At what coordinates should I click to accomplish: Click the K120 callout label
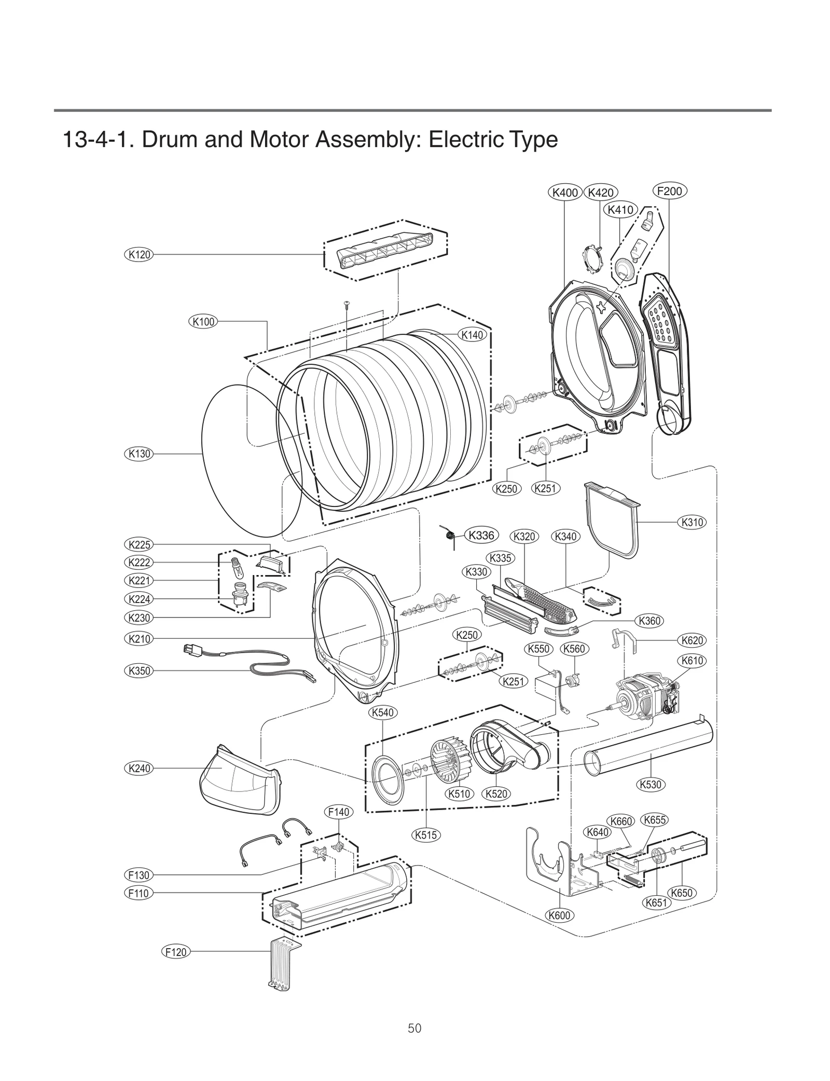[x=139, y=254]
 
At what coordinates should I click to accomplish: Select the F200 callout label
[x=669, y=191]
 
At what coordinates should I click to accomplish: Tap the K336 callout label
[x=481, y=535]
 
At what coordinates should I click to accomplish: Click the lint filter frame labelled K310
[x=612, y=519]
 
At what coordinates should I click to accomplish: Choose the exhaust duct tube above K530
[x=648, y=747]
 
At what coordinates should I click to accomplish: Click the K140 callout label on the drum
[x=472, y=335]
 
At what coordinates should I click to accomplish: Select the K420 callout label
[x=601, y=193]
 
